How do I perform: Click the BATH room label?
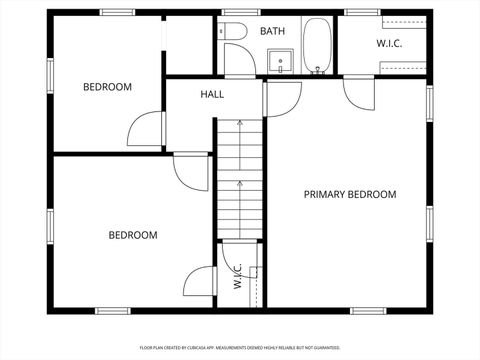click(272, 31)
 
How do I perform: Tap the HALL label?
click(212, 95)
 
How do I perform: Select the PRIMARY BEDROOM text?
click(350, 194)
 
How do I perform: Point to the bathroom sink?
click(282, 62)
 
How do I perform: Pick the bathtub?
click(318, 46)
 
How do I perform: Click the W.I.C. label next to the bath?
click(389, 44)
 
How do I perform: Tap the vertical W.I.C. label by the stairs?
click(238, 276)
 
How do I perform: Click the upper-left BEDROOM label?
click(107, 87)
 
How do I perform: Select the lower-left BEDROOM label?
click(133, 235)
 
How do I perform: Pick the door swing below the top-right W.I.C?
click(358, 92)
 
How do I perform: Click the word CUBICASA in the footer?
click(205, 348)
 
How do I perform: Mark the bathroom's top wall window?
click(234, 12)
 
